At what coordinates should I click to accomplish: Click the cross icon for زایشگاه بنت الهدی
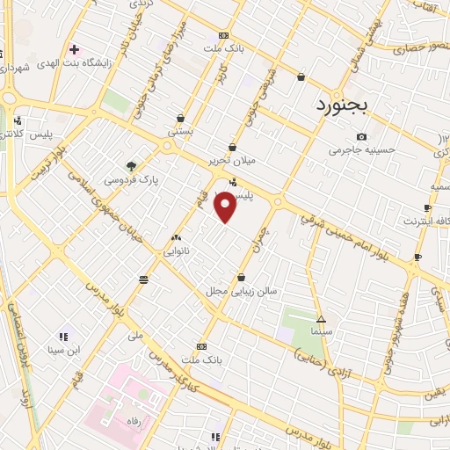pos(74,49)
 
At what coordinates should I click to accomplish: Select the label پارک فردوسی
pos(130,179)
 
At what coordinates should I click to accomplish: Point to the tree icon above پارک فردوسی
pos(131,165)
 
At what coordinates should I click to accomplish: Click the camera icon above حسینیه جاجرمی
pos(362,137)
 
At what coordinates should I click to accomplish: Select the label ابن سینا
pos(63,351)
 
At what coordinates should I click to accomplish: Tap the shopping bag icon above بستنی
pos(181,118)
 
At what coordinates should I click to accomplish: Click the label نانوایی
pos(179,250)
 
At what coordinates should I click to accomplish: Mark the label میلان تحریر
pos(232,161)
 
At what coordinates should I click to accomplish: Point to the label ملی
pos(135,335)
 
